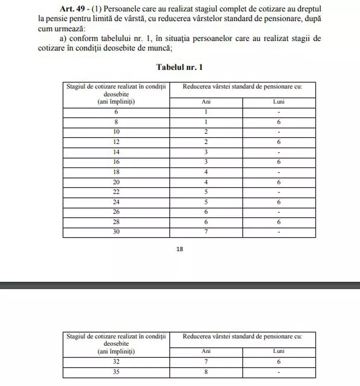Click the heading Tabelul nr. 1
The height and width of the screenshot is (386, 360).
[180, 67]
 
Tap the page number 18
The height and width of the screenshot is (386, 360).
[180, 249]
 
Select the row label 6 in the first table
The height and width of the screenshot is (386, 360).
[116, 112]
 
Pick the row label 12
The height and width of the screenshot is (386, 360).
[116, 142]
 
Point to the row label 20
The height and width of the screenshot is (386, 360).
[116, 182]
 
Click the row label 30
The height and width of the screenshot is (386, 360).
[116, 232]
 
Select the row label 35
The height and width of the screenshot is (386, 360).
[116, 372]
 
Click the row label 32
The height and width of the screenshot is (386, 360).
[116, 362]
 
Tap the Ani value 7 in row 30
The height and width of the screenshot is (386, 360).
[206, 232]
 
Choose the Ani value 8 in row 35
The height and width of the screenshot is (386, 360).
[206, 372]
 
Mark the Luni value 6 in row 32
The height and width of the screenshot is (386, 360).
[279, 362]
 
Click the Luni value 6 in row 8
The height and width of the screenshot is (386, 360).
[279, 122]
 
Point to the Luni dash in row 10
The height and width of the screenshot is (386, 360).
[279, 132]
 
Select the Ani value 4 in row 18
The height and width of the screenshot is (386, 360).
[206, 172]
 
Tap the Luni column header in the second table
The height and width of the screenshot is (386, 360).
[279, 351]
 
